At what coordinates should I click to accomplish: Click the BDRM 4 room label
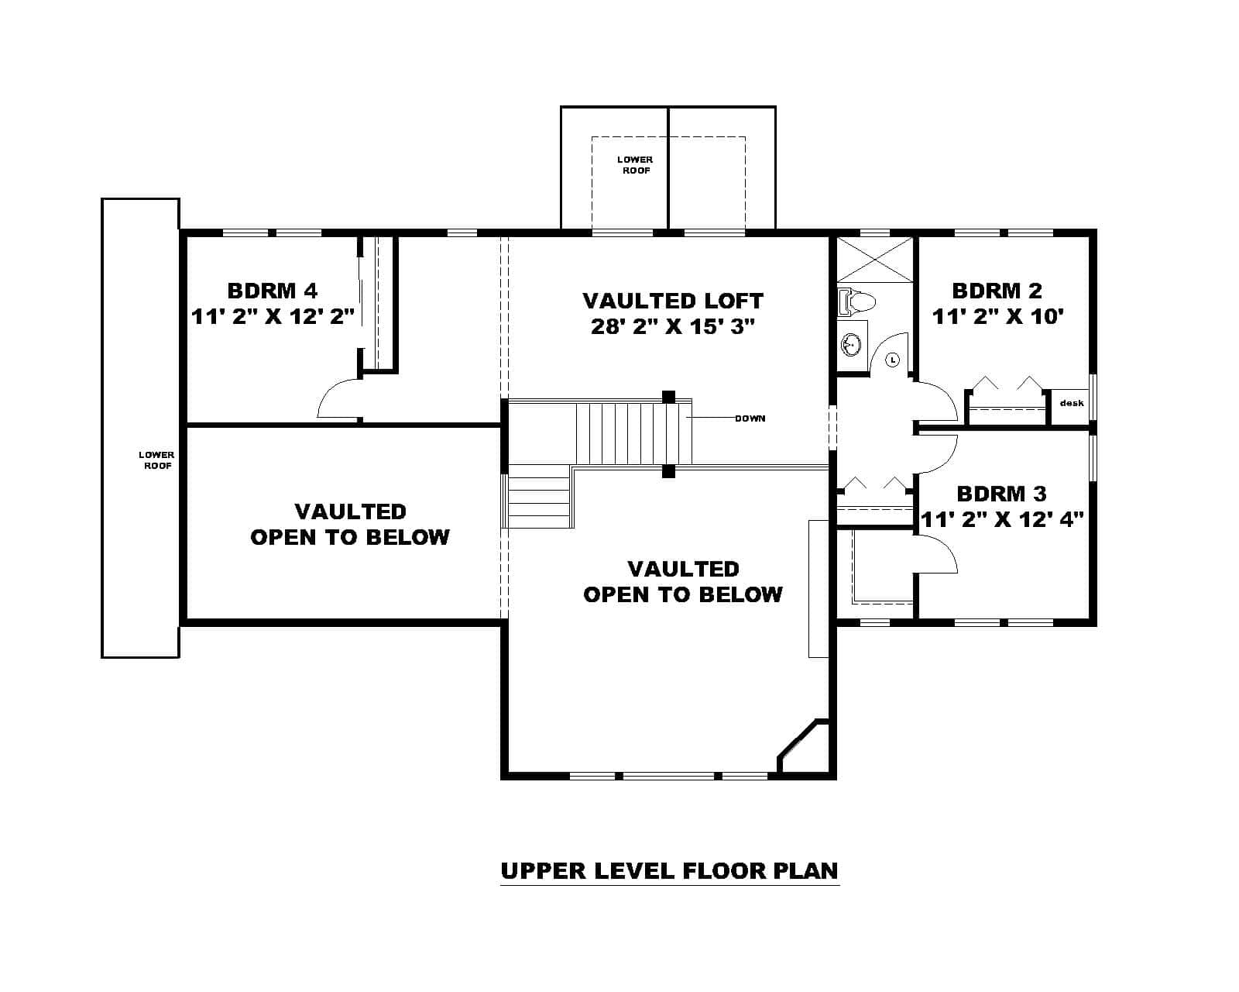[273, 291]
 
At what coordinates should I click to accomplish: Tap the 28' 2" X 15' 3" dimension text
[672, 326]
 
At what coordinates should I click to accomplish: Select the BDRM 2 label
[997, 291]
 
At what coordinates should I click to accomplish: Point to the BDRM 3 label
[1001, 494]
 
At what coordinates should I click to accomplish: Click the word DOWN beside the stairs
[750, 418]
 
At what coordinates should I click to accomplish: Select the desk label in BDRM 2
[1072, 403]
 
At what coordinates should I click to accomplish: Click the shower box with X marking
[875, 260]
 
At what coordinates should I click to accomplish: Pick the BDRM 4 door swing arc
[338, 398]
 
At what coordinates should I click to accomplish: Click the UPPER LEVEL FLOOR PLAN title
[669, 870]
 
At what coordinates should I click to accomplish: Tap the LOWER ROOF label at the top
[635, 164]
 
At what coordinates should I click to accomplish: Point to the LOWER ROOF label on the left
[156, 460]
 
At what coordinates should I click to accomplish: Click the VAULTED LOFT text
[672, 300]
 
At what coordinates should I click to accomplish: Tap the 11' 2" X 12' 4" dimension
[1001, 519]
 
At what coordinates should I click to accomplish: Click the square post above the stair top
[669, 397]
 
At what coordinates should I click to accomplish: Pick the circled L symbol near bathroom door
[892, 360]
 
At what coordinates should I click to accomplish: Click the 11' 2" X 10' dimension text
[997, 316]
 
